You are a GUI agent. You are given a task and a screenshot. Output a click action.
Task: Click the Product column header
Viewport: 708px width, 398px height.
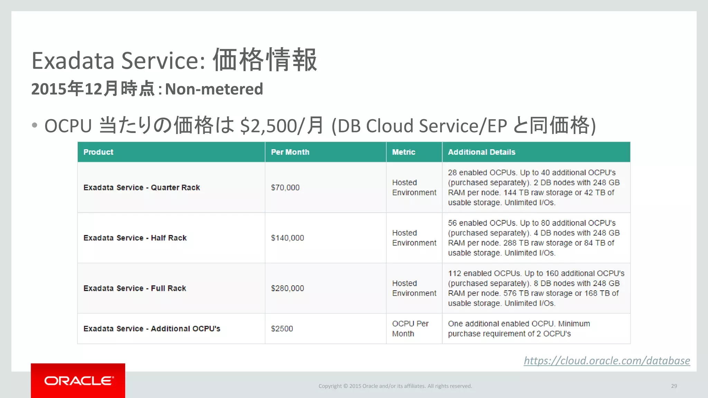[98, 152]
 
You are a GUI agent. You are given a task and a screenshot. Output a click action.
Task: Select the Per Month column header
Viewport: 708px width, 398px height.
[290, 152]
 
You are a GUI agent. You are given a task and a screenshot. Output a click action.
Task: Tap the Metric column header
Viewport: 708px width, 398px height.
[403, 152]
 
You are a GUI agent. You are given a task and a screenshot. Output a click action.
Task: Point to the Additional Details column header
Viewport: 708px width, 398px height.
[481, 152]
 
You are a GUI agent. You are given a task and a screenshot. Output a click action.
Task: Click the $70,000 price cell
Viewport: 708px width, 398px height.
[285, 188]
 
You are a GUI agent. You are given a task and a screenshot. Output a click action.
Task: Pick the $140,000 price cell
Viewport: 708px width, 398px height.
[287, 238]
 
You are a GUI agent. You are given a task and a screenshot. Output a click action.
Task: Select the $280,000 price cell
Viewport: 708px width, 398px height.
[287, 288]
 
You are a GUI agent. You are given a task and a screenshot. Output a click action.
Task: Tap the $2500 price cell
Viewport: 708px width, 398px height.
[282, 329]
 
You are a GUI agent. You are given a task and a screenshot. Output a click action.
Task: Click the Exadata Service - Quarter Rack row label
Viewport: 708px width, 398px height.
[142, 188]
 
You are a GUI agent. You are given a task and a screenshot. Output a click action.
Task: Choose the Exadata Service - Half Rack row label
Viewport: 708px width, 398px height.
[135, 238]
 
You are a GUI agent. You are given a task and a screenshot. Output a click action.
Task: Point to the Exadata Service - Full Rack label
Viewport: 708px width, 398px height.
[135, 288]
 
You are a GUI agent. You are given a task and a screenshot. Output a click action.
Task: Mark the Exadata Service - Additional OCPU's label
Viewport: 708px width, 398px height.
[152, 329]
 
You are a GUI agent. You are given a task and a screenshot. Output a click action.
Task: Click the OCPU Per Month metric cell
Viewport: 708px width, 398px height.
[410, 329]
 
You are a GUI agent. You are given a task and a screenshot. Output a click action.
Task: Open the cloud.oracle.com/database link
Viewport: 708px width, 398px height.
[607, 361]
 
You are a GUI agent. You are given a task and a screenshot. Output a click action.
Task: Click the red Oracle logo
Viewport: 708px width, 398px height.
[78, 381]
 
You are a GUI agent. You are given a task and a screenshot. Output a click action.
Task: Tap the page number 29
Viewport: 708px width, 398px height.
[674, 386]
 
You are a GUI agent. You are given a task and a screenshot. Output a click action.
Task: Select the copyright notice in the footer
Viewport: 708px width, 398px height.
[395, 386]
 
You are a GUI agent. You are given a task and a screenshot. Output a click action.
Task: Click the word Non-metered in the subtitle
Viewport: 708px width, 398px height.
[214, 89]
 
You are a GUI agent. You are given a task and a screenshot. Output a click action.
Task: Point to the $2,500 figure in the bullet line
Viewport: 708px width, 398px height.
[268, 126]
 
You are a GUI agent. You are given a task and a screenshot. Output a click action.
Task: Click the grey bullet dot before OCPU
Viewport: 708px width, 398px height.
[34, 125]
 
